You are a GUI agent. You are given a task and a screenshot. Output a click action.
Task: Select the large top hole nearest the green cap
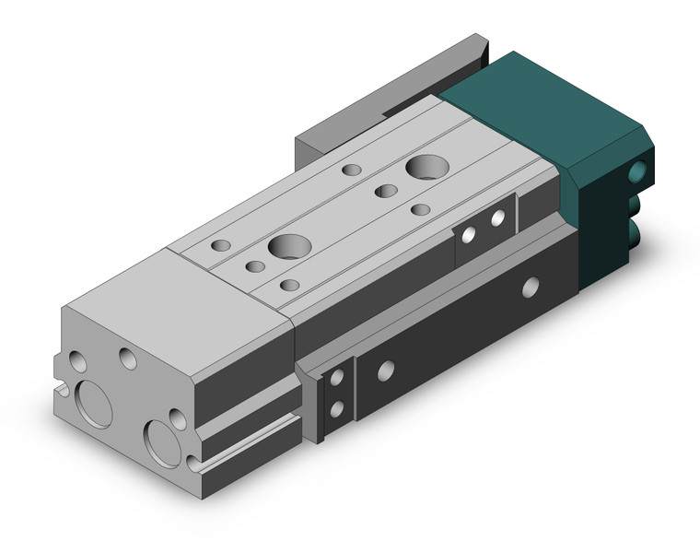pos(426,168)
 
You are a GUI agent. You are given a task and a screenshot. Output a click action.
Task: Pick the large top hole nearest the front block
pos(289,246)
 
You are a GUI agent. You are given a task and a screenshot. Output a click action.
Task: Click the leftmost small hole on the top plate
pos(221,246)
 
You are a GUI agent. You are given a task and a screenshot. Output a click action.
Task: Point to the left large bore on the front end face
pos(94,404)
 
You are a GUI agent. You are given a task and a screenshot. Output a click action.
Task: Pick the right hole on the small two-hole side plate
pos(498,219)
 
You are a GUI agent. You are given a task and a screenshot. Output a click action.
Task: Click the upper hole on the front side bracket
pos(337,378)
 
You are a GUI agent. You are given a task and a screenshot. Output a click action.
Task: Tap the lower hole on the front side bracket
pos(337,408)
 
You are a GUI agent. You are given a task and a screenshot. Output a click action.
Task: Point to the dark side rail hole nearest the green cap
pos(531,288)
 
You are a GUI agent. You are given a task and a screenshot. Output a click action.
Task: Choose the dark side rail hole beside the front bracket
pos(386,370)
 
